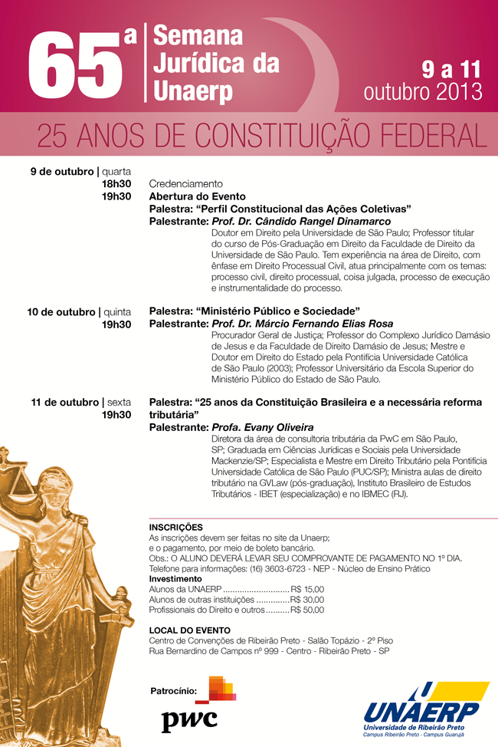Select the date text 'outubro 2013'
click(x=422, y=91)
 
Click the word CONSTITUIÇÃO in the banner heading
click(x=293, y=135)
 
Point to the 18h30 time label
click(x=116, y=184)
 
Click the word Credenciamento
click(x=185, y=184)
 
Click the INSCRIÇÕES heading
click(x=175, y=527)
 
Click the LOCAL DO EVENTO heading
click(x=189, y=630)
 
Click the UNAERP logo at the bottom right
click(x=425, y=709)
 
